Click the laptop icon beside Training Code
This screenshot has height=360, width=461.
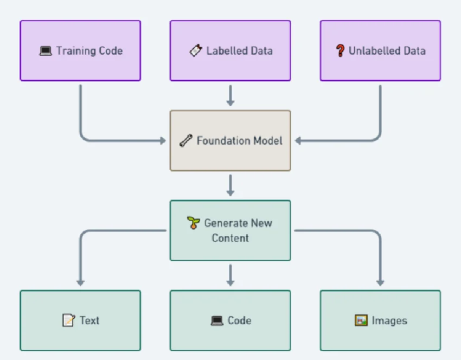(x=46, y=51)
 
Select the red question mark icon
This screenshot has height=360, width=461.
(x=340, y=51)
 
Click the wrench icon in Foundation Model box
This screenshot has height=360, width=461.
(x=186, y=141)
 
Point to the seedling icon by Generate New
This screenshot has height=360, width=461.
(x=194, y=223)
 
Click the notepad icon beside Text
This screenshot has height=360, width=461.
(x=68, y=320)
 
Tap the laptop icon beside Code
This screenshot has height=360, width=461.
(x=217, y=320)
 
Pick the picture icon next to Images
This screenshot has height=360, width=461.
(x=361, y=320)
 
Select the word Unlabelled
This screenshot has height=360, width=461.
(x=373, y=51)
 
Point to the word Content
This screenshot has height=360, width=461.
(x=230, y=238)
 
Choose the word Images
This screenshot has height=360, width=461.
(x=389, y=320)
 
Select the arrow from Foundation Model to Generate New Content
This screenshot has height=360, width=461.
(x=230, y=185)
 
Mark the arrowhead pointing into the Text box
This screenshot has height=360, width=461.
(x=80, y=281)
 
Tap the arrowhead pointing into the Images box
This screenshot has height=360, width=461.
(x=380, y=281)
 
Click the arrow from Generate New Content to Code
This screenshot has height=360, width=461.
(x=230, y=275)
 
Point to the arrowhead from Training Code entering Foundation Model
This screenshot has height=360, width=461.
(x=162, y=141)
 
